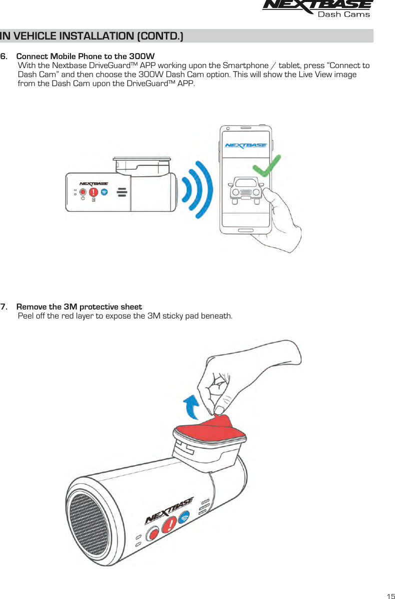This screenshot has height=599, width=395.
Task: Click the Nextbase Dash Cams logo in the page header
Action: [x=317, y=9]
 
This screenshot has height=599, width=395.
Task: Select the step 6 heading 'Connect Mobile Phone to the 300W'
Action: [x=85, y=56]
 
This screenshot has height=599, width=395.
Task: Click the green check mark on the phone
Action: [x=265, y=165]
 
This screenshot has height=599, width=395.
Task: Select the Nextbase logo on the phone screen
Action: [x=245, y=146]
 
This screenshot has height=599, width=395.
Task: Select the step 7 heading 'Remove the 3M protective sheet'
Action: [x=79, y=307]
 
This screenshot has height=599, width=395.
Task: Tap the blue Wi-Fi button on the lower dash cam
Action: [x=185, y=517]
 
